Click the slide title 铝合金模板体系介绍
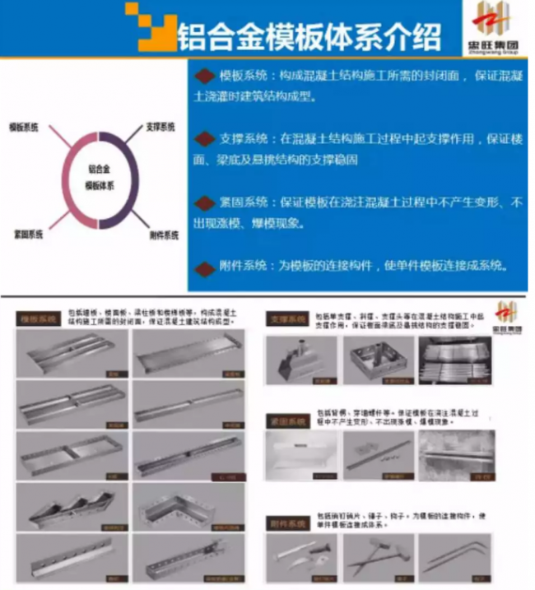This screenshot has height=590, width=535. coord(309,35)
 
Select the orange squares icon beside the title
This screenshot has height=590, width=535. coord(150,26)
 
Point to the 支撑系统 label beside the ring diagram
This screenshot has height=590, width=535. coord(160,128)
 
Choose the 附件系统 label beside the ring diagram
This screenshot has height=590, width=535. coord(164,235)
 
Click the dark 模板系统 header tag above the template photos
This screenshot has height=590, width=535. coord(40,318)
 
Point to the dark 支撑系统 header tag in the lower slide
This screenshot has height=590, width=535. coord(285,318)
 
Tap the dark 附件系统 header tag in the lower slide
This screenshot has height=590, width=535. coord(285,523)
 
